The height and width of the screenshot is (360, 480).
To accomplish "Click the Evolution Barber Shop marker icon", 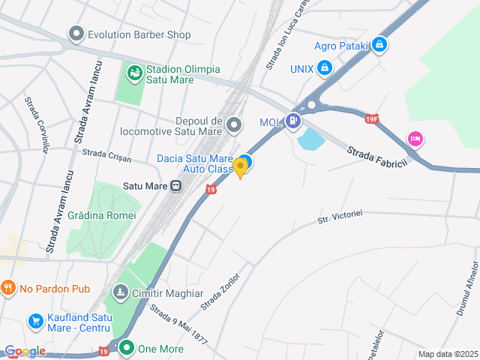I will pos(76,34).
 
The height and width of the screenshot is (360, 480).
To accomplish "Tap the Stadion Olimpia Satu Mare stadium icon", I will pos(134,72).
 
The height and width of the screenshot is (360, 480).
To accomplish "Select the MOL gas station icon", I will pos(292,120).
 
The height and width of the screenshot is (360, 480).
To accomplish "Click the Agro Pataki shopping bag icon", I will pos(380,45).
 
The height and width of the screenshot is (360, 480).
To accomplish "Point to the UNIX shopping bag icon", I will pos(324,69).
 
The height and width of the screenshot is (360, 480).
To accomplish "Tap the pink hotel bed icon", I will pos(415,139).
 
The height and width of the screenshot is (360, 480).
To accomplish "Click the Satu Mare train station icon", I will pos(175,185).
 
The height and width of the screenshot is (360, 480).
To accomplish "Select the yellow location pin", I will pos(240,167).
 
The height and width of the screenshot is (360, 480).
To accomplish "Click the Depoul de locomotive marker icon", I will pos(235,124).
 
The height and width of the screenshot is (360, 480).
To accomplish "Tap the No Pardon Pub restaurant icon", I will pos(8,288).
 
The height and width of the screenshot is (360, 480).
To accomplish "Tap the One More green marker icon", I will pos(127,348).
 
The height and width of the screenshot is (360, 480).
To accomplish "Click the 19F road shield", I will pos(372,118).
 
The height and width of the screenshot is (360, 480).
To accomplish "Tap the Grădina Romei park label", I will pos(101,214).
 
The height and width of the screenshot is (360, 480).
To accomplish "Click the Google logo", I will pos(25,351).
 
